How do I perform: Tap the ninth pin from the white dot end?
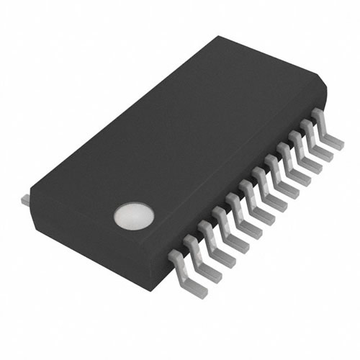tap(287, 176)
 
